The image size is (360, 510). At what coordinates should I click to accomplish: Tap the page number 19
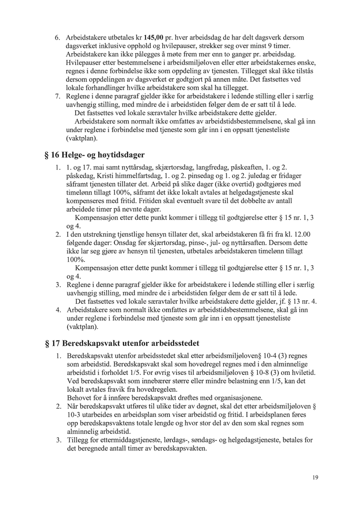314,478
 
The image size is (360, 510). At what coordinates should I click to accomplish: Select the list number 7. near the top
57,97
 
